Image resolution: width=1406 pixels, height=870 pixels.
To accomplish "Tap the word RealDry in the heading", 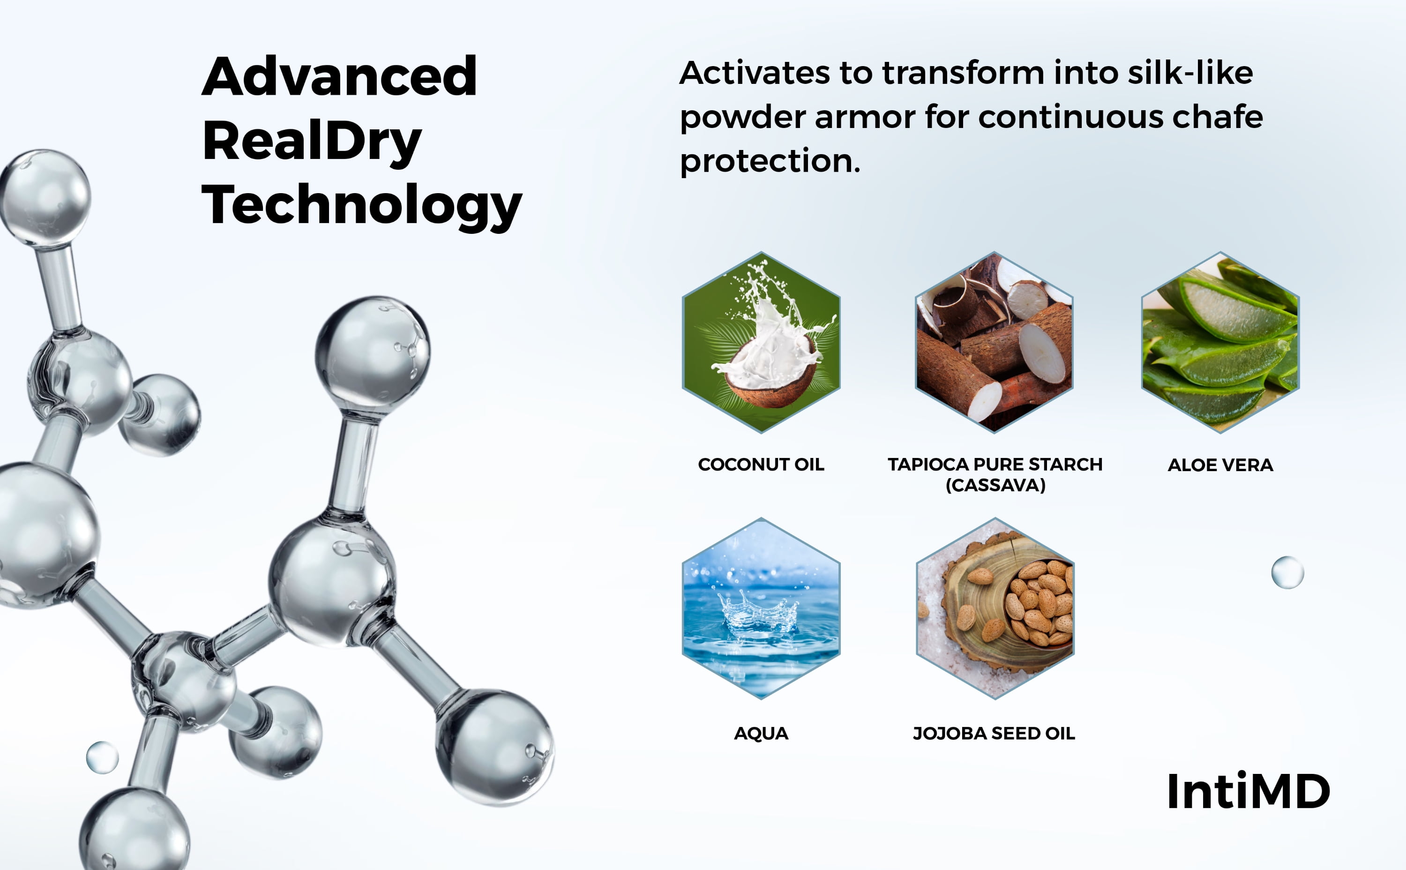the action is (x=313, y=142).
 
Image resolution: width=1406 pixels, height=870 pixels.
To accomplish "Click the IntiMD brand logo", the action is (x=1249, y=792).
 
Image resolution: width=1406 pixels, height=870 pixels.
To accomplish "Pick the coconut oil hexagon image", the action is (x=761, y=342).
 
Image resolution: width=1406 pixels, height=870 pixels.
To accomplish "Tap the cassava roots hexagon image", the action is (x=994, y=342).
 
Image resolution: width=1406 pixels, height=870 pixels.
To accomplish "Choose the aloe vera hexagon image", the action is (x=1220, y=342).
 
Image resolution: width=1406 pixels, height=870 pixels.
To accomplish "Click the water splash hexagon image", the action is (x=761, y=608).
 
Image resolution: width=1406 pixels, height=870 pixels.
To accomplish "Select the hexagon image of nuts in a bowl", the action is (x=995, y=608).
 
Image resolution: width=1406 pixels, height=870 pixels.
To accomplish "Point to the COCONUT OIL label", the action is (x=761, y=465).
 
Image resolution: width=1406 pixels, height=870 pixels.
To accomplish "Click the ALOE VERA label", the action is (x=1220, y=465).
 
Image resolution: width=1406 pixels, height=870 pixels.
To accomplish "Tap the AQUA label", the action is (x=761, y=734).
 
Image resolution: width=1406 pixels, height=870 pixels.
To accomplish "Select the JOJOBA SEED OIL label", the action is (x=994, y=734).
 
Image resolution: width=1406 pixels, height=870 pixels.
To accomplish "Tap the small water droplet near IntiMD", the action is (x=1287, y=572).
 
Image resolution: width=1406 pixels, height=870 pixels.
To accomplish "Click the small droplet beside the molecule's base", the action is (x=102, y=757).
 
